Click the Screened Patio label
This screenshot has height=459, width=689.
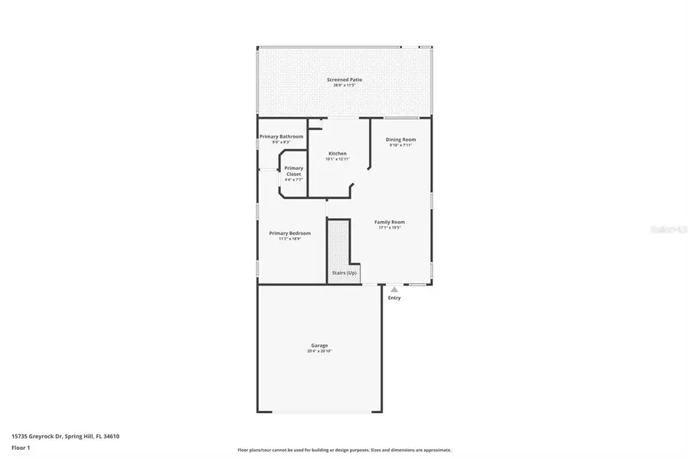coord(344,80)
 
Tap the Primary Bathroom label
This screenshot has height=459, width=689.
coord(281,136)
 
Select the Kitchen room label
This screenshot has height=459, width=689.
coord(337,154)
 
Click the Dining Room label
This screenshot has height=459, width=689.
coord(400,139)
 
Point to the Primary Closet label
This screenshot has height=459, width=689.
coord(293,171)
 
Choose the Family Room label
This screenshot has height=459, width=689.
coord(390,222)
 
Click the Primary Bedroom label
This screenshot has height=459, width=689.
coord(289,233)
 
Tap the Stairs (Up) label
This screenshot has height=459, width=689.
coord(344,273)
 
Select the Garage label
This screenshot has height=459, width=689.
coord(319,345)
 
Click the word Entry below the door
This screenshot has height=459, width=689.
coord(393,298)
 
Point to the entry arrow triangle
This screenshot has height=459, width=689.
coord(393,289)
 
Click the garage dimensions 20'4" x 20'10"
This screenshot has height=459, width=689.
coord(319,351)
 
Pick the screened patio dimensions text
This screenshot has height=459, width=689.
coord(344,86)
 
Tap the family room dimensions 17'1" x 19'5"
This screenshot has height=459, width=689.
coord(390,228)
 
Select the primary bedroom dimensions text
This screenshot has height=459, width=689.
coord(289,239)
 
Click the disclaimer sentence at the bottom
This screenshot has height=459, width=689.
coord(344,450)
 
